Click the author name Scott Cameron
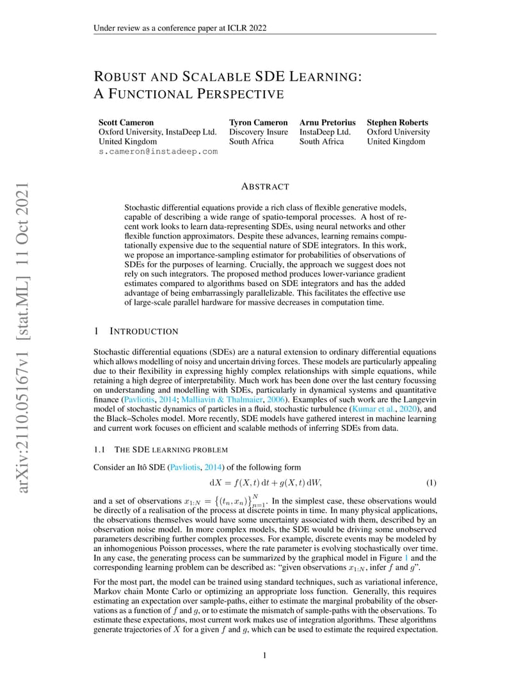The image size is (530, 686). click(x=126, y=122)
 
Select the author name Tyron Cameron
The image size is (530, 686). click(x=258, y=122)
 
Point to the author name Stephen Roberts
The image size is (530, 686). click(x=397, y=122)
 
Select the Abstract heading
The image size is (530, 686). click(x=265, y=187)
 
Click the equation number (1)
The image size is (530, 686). click(x=431, y=482)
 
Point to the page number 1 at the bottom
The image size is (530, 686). click(x=265, y=656)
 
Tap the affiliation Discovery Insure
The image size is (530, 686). click(x=259, y=132)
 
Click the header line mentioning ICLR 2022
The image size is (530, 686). click(x=180, y=28)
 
